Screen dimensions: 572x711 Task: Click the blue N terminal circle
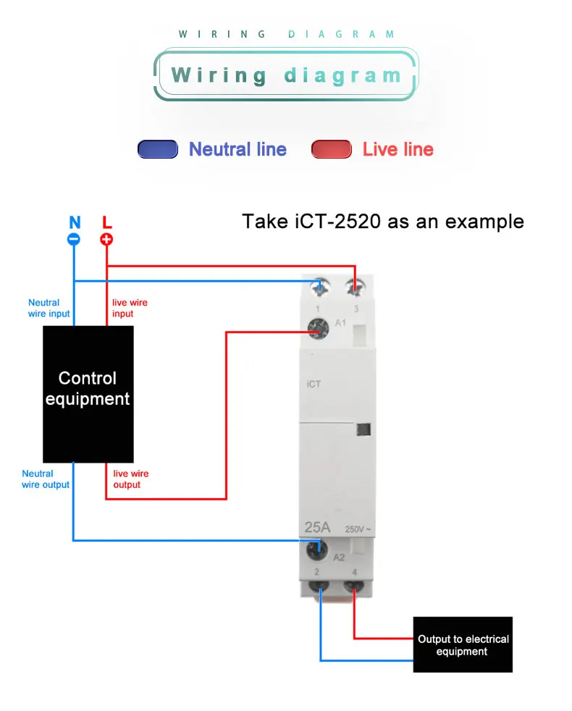(x=74, y=240)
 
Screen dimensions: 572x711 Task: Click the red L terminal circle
(x=106, y=240)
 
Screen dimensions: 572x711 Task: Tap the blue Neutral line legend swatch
(x=158, y=149)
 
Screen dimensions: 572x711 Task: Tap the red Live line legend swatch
(x=332, y=149)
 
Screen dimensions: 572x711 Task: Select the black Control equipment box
(x=88, y=394)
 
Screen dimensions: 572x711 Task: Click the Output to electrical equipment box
(x=463, y=644)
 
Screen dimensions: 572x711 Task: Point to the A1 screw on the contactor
(x=318, y=329)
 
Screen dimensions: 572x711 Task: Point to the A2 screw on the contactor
(x=317, y=550)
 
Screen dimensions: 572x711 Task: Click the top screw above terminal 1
(x=320, y=287)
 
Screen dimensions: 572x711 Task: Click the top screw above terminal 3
(x=355, y=287)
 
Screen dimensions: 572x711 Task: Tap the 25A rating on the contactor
(x=318, y=527)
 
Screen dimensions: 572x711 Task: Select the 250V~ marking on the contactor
(x=358, y=529)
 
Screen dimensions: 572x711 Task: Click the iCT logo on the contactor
(x=314, y=384)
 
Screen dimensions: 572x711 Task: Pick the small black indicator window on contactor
(x=363, y=429)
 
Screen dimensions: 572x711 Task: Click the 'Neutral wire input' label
(x=49, y=308)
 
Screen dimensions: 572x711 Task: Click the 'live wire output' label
(x=131, y=479)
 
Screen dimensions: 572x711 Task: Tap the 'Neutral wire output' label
(x=46, y=479)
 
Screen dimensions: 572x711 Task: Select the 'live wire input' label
(x=130, y=308)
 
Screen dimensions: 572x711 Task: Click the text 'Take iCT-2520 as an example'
(x=383, y=222)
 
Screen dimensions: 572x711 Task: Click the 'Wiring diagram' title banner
(x=286, y=75)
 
